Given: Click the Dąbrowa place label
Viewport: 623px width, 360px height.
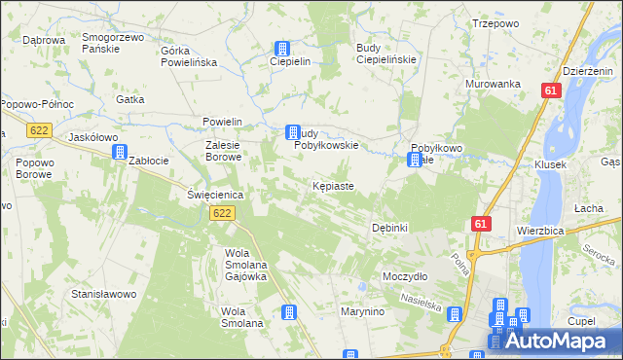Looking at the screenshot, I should pyautogui.click(x=43, y=40).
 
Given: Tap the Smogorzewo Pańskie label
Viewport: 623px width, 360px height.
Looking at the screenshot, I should pyautogui.click(x=113, y=42).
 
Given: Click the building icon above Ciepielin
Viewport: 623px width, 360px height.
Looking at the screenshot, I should pyautogui.click(x=281, y=48).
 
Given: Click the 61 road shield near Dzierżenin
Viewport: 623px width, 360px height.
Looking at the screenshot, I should pyautogui.click(x=552, y=90).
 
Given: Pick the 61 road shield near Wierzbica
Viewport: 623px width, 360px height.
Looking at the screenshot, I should pyautogui.click(x=480, y=224).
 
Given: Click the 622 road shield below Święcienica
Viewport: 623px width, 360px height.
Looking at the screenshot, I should pyautogui.click(x=223, y=213).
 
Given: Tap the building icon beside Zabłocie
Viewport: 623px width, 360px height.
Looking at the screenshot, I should pyautogui.click(x=120, y=151).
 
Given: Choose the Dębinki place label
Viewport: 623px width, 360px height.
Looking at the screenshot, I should pyautogui.click(x=389, y=227).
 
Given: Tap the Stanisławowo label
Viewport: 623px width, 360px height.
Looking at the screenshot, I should pyautogui.click(x=101, y=293).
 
